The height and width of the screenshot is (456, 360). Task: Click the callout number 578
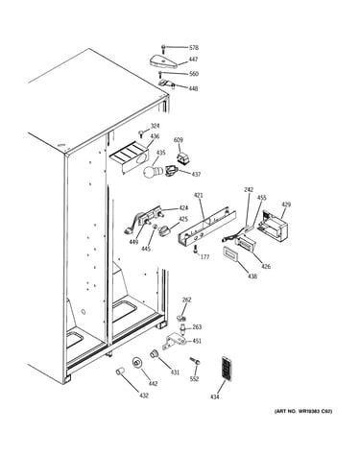click(x=194, y=48)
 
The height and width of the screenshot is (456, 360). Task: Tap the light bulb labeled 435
click(x=149, y=172)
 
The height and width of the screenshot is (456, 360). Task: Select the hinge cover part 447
click(x=163, y=60)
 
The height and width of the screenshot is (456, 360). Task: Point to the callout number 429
click(x=286, y=204)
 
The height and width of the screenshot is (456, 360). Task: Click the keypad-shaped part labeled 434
click(x=226, y=369)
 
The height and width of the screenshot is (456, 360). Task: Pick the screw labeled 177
click(x=195, y=250)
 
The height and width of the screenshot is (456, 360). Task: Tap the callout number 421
click(x=199, y=195)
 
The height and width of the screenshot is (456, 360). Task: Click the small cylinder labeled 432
click(x=119, y=372)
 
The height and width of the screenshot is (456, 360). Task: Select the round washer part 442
click(x=137, y=363)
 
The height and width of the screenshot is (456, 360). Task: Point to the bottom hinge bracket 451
click(x=175, y=342)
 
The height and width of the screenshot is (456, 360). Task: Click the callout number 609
click(x=179, y=140)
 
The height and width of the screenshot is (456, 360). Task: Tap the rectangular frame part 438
click(x=229, y=254)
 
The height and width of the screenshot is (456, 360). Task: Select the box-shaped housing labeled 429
click(x=275, y=225)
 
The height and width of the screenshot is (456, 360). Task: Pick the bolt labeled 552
click(x=195, y=361)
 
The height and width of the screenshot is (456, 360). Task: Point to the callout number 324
click(x=155, y=126)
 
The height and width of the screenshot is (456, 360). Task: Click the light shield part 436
click(x=130, y=157)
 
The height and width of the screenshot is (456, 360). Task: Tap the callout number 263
click(x=197, y=327)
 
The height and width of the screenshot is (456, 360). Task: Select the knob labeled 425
click(x=165, y=230)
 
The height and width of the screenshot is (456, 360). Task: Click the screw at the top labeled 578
click(x=163, y=49)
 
